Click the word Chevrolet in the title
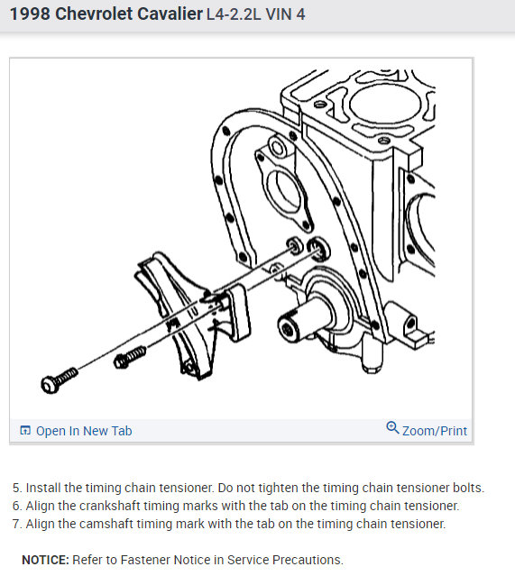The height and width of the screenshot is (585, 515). (94, 14)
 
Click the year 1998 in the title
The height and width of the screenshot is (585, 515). (30, 14)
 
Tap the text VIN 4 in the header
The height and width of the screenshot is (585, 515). (285, 14)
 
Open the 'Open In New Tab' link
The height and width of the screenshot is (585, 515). (84, 431)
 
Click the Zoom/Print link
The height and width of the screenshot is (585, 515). (435, 431)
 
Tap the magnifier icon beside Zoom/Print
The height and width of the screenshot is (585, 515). (392, 427)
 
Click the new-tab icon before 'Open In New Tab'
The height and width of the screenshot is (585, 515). (25, 431)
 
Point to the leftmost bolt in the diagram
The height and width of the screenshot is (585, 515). (60, 379)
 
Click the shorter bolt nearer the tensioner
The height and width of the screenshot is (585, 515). (130, 357)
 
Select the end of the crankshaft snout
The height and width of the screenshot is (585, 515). (288, 327)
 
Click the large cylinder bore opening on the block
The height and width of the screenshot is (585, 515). (385, 104)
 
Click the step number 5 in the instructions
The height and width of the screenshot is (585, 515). (17, 488)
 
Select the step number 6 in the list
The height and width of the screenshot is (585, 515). (17, 506)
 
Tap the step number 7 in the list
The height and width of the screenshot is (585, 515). (17, 524)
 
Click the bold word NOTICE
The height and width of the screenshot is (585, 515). (45, 560)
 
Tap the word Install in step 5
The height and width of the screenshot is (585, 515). (43, 488)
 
